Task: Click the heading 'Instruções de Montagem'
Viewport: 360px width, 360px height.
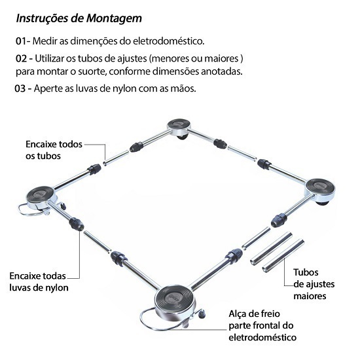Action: (79, 19)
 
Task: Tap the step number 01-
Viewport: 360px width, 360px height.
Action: (23, 41)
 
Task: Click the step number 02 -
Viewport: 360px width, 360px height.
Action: (24, 59)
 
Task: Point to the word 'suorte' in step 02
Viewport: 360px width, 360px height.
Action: (92, 71)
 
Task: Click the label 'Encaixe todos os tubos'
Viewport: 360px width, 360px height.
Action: (54, 150)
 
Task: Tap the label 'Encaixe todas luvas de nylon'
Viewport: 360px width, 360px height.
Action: (39, 281)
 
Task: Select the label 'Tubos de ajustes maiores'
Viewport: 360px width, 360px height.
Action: (314, 284)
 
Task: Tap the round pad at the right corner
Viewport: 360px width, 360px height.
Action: (320, 189)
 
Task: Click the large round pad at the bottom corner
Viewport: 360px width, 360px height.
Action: (175, 300)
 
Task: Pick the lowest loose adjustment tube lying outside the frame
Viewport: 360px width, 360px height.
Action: (283, 256)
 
